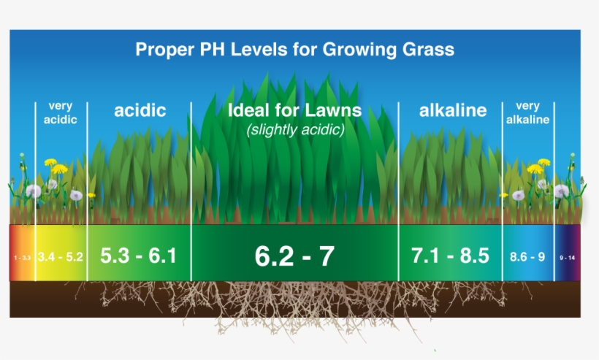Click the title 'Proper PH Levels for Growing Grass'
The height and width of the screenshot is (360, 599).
[x=295, y=50]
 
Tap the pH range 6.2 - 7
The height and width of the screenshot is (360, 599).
[x=294, y=256]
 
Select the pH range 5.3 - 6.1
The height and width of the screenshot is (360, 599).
[x=138, y=256]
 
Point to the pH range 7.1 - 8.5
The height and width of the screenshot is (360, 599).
[x=450, y=256]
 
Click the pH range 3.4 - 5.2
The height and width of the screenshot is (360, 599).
[x=61, y=256]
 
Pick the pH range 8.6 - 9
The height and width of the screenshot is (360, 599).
[x=527, y=256]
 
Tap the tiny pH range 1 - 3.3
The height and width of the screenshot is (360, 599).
[x=22, y=258]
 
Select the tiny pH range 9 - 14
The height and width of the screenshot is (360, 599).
[x=568, y=258]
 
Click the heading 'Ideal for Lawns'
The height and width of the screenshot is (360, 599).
[x=294, y=110]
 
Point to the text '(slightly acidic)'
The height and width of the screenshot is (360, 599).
[x=295, y=130]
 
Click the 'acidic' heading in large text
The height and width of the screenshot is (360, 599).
[x=140, y=111]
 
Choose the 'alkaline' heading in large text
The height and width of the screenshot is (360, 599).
[x=453, y=111]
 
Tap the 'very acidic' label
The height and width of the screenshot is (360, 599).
[x=61, y=113]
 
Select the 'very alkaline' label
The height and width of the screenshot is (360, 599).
[x=527, y=113]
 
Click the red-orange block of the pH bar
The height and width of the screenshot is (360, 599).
[x=22, y=253]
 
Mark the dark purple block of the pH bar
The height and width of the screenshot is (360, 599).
[x=568, y=253]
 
